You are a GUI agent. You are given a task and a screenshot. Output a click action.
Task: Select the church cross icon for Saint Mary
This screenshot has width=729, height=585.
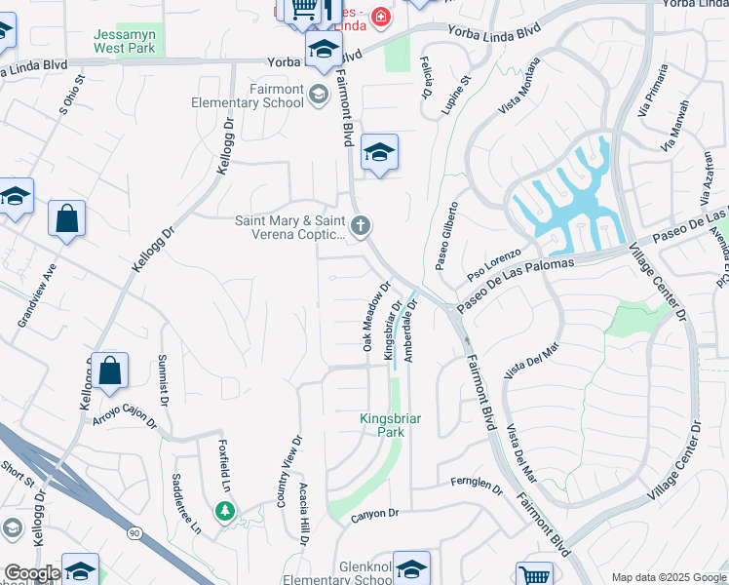click(x=361, y=227)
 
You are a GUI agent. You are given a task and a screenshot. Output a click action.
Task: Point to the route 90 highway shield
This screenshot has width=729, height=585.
click(x=134, y=532)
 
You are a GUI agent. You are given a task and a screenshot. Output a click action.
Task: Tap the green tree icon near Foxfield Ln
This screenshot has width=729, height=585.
click(x=225, y=510)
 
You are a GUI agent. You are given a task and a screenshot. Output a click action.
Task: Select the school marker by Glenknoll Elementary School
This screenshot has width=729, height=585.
click(x=412, y=568)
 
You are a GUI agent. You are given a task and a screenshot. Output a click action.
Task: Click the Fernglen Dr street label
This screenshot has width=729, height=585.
click(x=476, y=484)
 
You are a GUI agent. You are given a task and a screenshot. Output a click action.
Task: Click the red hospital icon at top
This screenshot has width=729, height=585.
click(x=378, y=17)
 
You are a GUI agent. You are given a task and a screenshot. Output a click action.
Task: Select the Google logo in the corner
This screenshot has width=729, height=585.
click(x=31, y=573)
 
